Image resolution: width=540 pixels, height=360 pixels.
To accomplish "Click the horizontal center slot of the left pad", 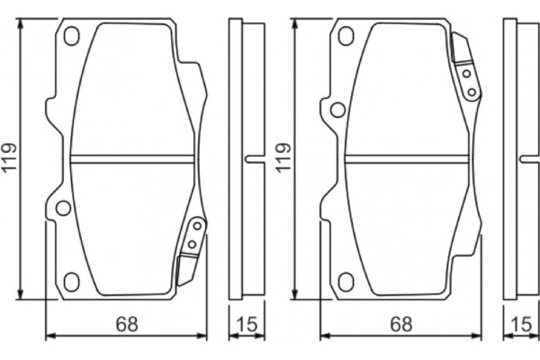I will point(132,159).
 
